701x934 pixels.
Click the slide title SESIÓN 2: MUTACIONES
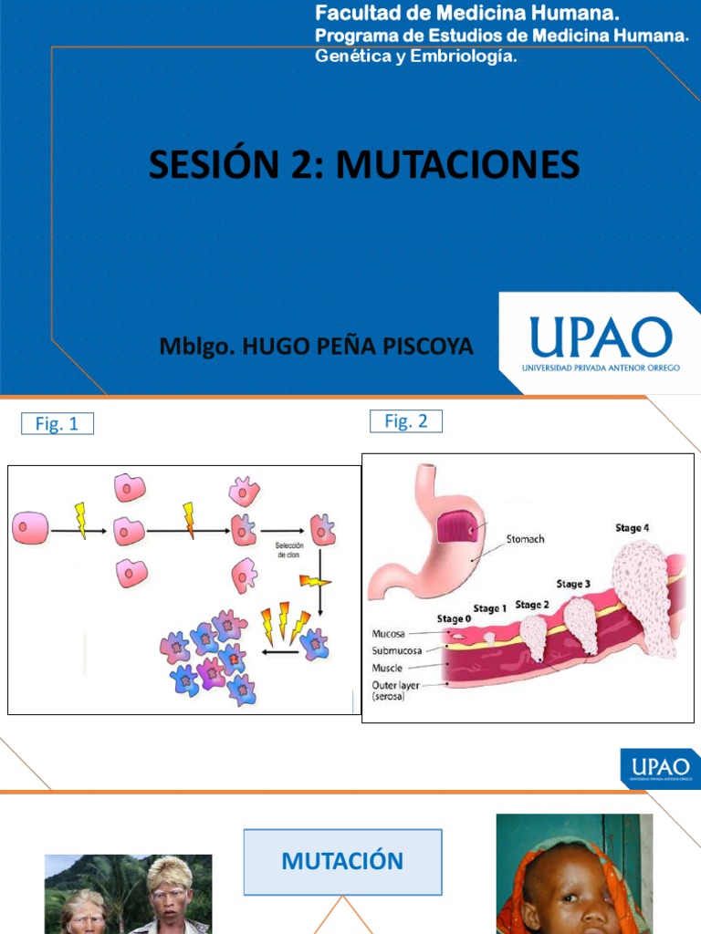point(364,165)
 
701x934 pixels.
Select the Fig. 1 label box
point(58,423)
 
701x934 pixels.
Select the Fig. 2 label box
point(406,420)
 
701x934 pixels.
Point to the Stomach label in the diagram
point(525,539)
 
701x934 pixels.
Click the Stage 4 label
point(633,527)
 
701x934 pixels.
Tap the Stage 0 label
point(455,618)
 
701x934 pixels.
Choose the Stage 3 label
point(574,584)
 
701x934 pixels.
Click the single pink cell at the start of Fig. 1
point(30,528)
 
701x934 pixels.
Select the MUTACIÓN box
point(342,861)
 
